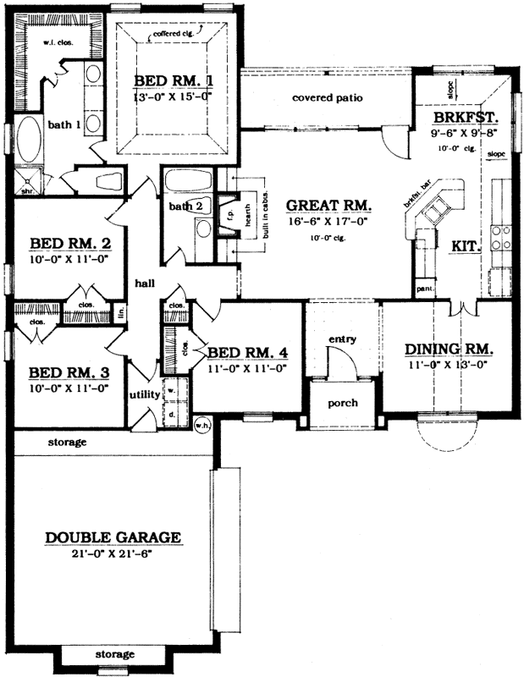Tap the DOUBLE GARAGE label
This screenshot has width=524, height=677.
[113, 537]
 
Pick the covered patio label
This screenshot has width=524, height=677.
[328, 98]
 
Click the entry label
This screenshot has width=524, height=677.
[342, 339]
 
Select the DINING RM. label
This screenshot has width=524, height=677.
[449, 349]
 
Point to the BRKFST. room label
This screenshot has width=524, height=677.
[464, 118]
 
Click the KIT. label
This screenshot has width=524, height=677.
[466, 247]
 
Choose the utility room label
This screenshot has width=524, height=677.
[145, 394]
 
